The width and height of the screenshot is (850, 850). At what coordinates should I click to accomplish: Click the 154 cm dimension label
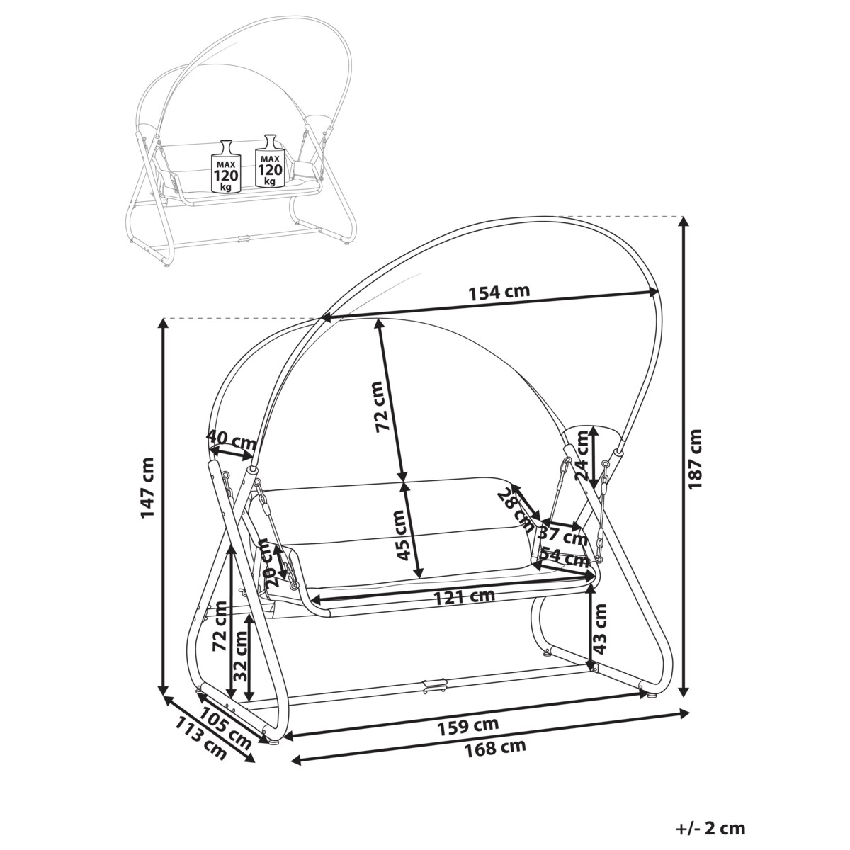499,291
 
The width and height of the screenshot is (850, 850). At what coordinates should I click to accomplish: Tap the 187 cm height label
696,458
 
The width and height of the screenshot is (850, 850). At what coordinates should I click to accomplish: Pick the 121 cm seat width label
464,596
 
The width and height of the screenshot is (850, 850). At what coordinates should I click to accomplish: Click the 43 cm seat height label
600,628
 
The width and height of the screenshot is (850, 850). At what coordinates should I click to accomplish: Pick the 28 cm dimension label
516,508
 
